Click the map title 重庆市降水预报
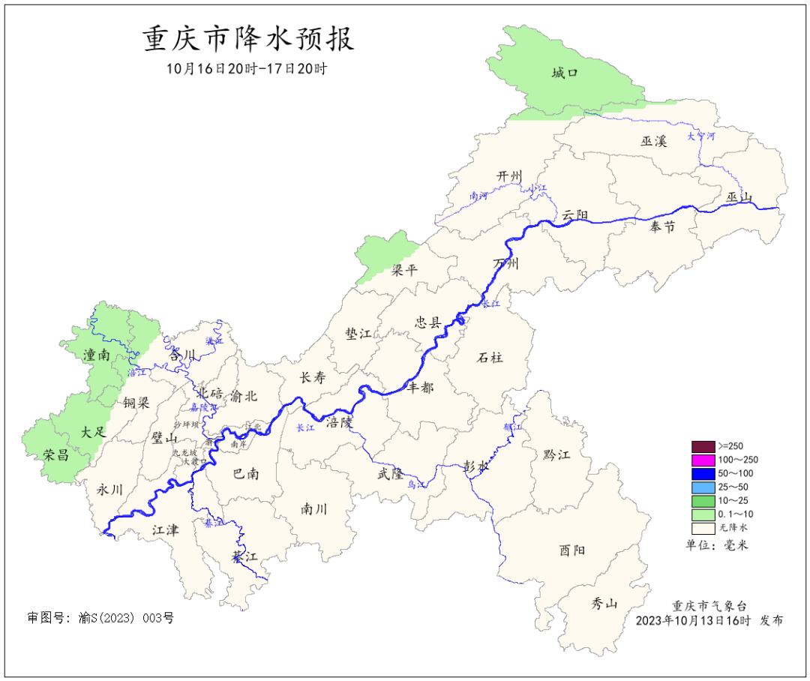coord(248,39)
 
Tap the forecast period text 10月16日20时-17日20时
coord(247,68)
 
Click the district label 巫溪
coord(653,141)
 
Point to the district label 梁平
coord(404,270)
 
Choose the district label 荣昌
coord(56,454)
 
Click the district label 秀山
coord(604,603)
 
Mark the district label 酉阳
coord(571,550)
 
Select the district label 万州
coord(506,263)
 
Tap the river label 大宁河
coord(701,136)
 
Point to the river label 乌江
coord(415,485)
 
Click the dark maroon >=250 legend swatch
coord(703,446)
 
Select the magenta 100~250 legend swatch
coord(703,460)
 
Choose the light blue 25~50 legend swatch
coord(703,487)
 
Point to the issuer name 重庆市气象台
coord(709,606)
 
